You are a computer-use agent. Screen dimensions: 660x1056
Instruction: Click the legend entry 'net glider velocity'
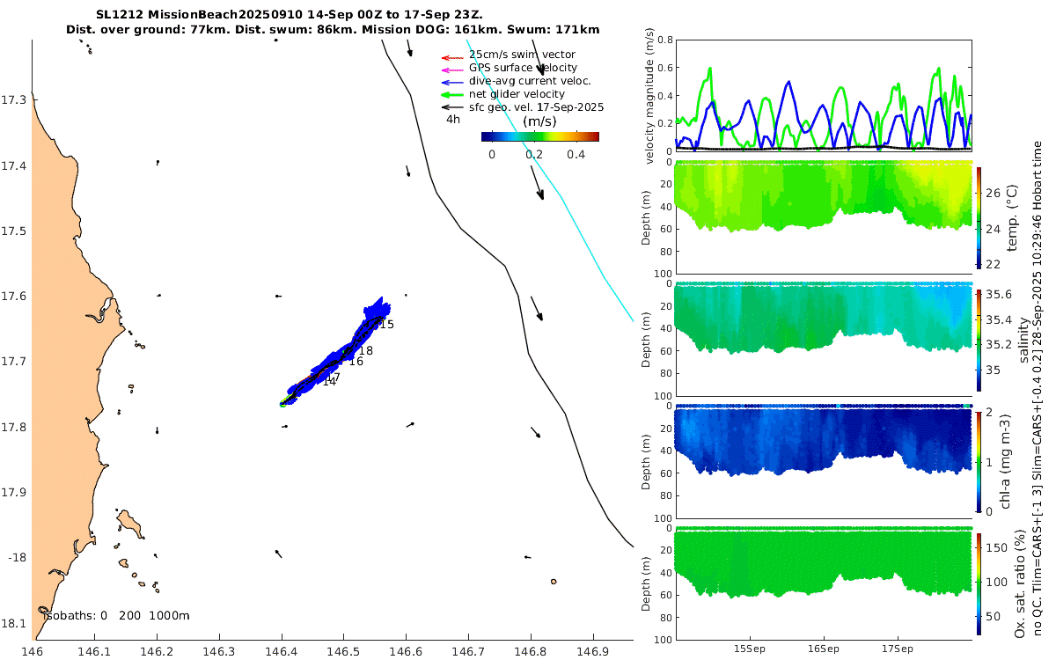[x=517, y=94]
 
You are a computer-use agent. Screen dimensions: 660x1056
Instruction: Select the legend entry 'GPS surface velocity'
[x=523, y=68]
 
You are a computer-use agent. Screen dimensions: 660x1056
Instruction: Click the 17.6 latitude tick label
[x=15, y=297]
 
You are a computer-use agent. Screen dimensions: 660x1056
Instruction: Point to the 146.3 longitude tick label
[x=219, y=652]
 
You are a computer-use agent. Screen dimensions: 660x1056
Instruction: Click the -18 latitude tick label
[x=17, y=557]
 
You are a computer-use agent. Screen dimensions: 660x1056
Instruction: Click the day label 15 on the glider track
[x=386, y=325]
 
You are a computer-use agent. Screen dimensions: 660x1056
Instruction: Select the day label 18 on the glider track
[x=365, y=351]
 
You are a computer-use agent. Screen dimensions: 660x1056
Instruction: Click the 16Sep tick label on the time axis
[x=824, y=649]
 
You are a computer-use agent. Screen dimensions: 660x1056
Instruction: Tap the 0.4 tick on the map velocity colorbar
[x=576, y=155]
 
